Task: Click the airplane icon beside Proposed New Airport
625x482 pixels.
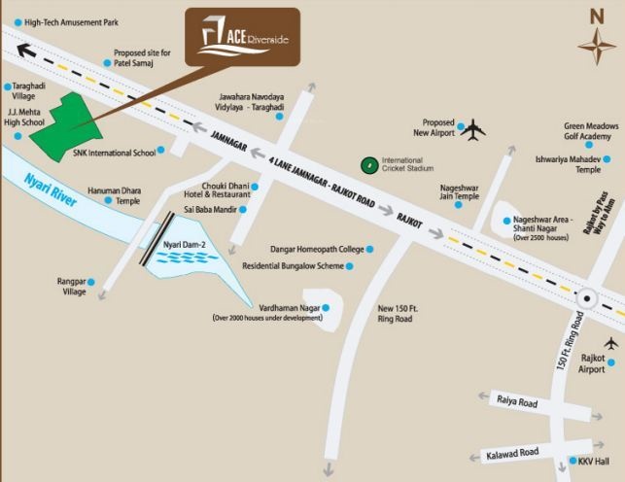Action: pos(473,129)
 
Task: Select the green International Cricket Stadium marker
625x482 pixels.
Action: pos(368,165)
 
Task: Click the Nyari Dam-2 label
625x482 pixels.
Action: pos(186,244)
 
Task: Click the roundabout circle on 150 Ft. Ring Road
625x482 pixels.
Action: pos(585,299)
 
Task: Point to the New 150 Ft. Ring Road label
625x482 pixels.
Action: pos(396,314)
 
